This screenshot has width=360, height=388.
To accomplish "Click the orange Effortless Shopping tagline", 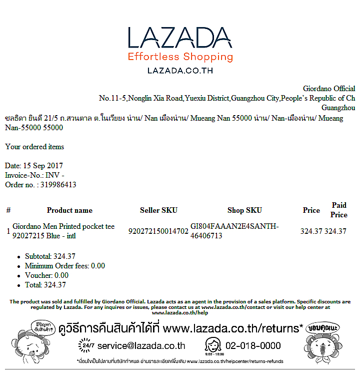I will [x=180, y=57].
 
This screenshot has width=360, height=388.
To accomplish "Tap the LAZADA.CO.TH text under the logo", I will [x=180, y=71].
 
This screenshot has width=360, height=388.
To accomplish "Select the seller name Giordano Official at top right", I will [x=329, y=89].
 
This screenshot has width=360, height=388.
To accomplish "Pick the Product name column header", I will [x=69, y=210].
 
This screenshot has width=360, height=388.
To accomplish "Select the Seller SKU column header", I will [x=158, y=210].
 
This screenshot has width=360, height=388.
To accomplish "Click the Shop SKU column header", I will [x=244, y=210].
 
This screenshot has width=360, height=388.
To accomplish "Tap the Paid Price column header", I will [x=338, y=210].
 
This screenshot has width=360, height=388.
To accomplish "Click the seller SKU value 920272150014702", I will [x=158, y=231].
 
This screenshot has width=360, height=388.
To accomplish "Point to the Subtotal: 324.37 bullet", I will [x=50, y=256].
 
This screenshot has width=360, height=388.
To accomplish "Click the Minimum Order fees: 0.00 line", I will [x=65, y=266].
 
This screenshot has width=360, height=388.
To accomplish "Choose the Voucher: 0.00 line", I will [x=46, y=275].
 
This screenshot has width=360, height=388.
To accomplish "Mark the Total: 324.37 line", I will [x=45, y=285].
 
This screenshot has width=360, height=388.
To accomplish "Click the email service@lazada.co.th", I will [x=141, y=345].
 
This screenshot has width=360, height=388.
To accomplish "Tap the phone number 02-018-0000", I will [x=253, y=345].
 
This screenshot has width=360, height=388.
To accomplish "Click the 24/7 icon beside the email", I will [x=86, y=345].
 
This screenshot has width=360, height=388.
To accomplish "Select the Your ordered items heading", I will [x=34, y=147].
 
